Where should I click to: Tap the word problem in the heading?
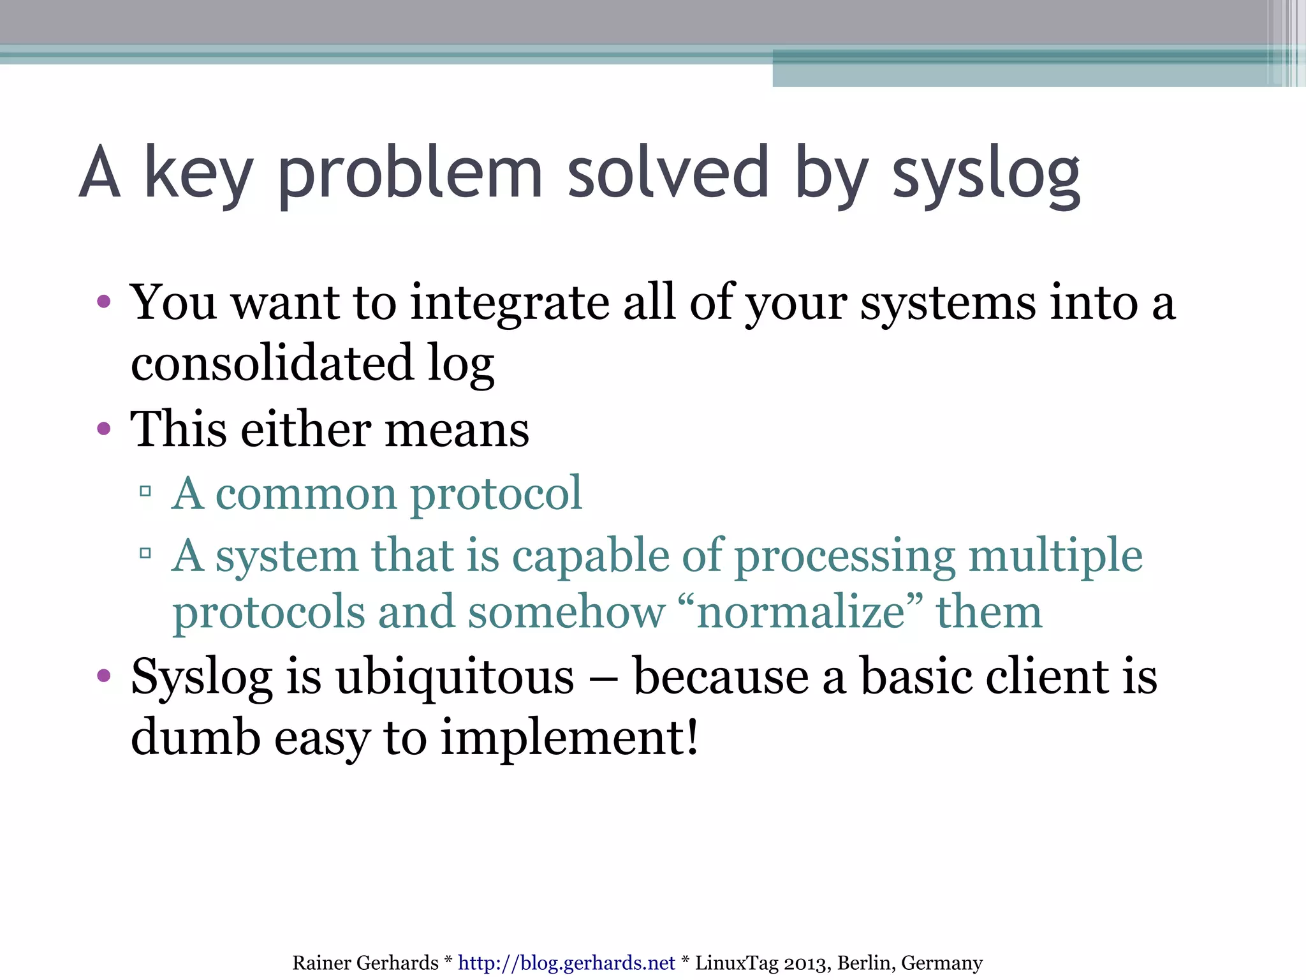tap(410, 174)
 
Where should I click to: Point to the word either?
tap(306, 429)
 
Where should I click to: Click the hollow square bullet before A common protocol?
tap(145, 491)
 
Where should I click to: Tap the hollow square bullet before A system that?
tap(145, 553)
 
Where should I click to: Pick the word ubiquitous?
tap(455, 676)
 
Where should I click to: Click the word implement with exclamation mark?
tap(569, 738)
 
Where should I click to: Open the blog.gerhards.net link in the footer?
tap(566, 963)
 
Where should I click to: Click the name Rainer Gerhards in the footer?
tap(365, 963)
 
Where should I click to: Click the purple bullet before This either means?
tap(104, 429)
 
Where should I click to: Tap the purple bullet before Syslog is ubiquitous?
tap(104, 676)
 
